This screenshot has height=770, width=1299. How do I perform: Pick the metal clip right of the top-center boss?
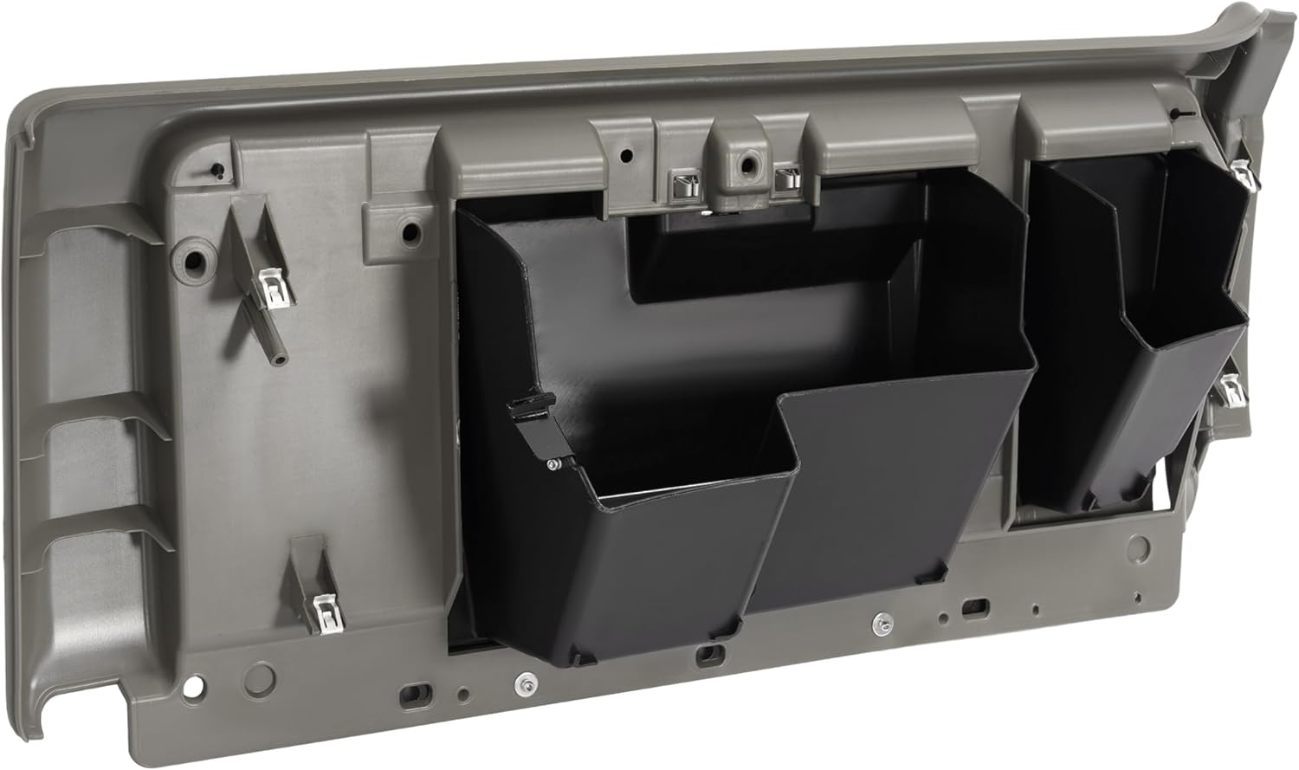(x=787, y=179)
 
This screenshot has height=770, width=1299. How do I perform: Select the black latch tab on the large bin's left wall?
(x=528, y=407)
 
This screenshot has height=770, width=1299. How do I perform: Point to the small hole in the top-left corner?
(x=217, y=170)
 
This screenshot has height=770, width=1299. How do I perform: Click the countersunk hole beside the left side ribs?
(x=192, y=259)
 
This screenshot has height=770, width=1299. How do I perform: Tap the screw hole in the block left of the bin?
(x=411, y=232)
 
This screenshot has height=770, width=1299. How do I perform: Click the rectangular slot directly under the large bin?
(x=708, y=653)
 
